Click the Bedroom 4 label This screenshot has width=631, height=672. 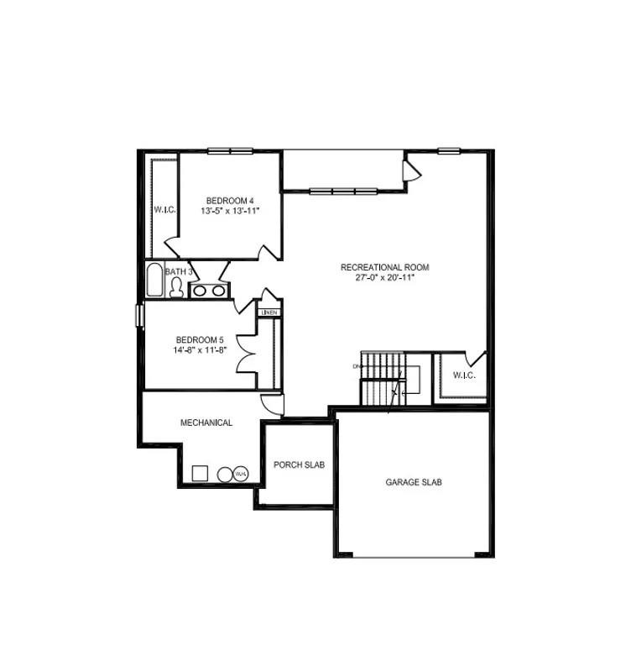230,200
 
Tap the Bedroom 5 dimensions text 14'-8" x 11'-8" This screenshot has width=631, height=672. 200,350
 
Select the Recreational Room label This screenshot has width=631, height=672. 384,267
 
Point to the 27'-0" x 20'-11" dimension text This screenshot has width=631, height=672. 384,277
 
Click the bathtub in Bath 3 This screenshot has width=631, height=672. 155,281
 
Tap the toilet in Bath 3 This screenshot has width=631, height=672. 176,288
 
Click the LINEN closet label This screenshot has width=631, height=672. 269,312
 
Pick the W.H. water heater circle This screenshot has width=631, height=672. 240,474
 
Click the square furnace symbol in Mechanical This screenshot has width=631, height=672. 200,473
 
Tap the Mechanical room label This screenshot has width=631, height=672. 206,423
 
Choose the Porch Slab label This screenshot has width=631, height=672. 299,465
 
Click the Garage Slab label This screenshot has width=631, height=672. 414,482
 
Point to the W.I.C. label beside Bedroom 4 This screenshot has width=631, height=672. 164,209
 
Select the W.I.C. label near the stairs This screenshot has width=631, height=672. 464,375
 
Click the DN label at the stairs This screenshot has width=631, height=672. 356,367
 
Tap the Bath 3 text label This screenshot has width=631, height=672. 179,271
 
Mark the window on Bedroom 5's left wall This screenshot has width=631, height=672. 140,312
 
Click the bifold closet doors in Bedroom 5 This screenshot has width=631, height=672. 248,354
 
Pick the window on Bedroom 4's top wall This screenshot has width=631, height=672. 231,151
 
